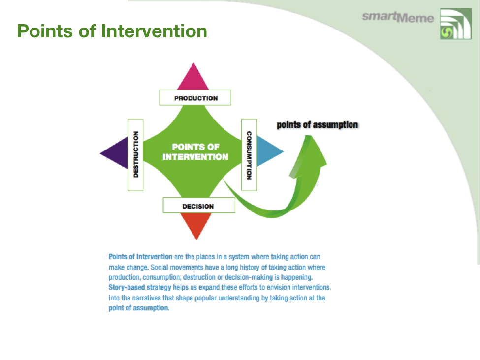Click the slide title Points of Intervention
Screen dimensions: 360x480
point(112,31)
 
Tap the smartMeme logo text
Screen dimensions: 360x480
point(398,17)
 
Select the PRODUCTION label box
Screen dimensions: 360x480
point(195,98)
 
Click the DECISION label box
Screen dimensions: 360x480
point(198,206)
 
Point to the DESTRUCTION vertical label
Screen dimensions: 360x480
point(135,154)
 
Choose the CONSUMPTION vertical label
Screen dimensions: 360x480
point(249,154)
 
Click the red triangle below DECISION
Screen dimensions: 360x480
point(196,226)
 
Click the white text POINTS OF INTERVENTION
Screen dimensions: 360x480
point(195,152)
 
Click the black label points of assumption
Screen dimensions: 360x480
point(317,125)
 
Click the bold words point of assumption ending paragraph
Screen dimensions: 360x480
point(139,308)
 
